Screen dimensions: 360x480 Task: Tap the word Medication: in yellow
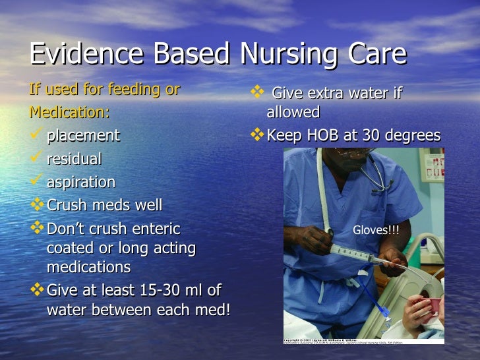point(69,112)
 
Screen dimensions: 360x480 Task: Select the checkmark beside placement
point(37,136)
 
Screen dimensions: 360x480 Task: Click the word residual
point(74,159)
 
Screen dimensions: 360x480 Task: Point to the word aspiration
point(80,182)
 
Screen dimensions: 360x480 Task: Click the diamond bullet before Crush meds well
point(37,205)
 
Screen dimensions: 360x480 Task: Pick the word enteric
point(156,229)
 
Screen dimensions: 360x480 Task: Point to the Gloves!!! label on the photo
point(376,229)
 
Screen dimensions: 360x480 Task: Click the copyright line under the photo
point(330,340)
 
